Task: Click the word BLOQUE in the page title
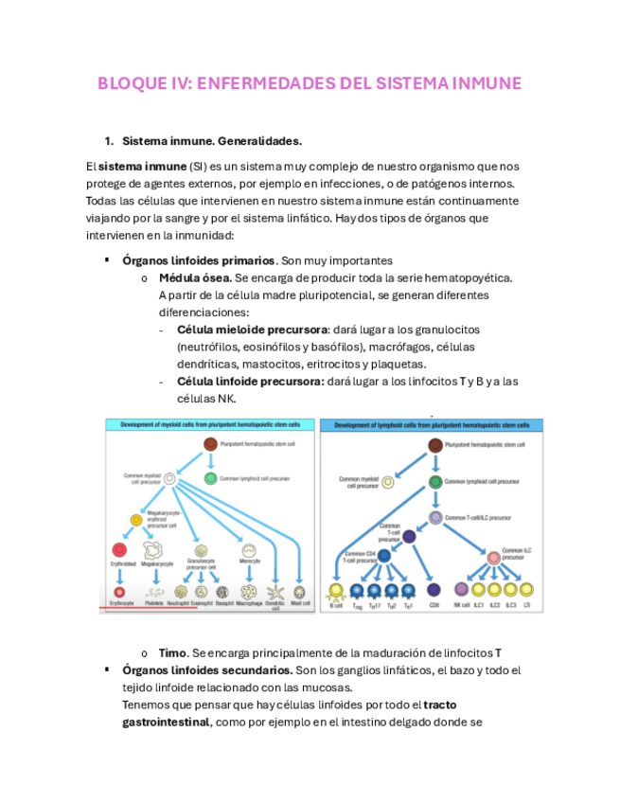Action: [128, 83]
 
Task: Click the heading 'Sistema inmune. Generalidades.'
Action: [212, 141]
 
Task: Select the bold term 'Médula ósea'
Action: [194, 277]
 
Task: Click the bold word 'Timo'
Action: [172, 653]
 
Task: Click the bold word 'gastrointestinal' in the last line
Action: [165, 723]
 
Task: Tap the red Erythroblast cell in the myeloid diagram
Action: [120, 549]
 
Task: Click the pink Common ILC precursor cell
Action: [494, 559]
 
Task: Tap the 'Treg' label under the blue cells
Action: [357, 605]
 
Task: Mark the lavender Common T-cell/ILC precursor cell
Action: [435, 518]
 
